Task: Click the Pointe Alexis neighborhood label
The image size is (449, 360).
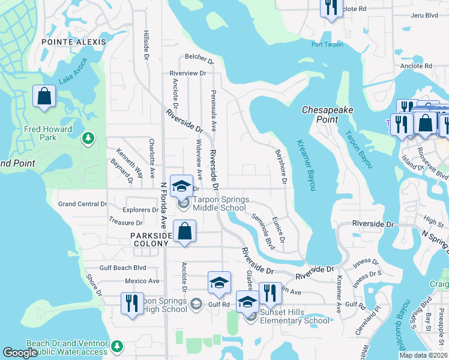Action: (74, 42)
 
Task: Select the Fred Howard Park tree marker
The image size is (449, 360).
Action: (88, 139)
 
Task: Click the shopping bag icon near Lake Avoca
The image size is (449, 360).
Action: (44, 97)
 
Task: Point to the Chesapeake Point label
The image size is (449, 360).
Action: (327, 115)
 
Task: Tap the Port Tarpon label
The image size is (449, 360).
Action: (327, 44)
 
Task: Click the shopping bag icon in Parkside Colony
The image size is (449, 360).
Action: (185, 231)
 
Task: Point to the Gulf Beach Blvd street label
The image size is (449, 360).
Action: (124, 268)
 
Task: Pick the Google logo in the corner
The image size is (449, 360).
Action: (20, 353)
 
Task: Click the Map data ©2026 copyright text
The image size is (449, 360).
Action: (423, 355)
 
